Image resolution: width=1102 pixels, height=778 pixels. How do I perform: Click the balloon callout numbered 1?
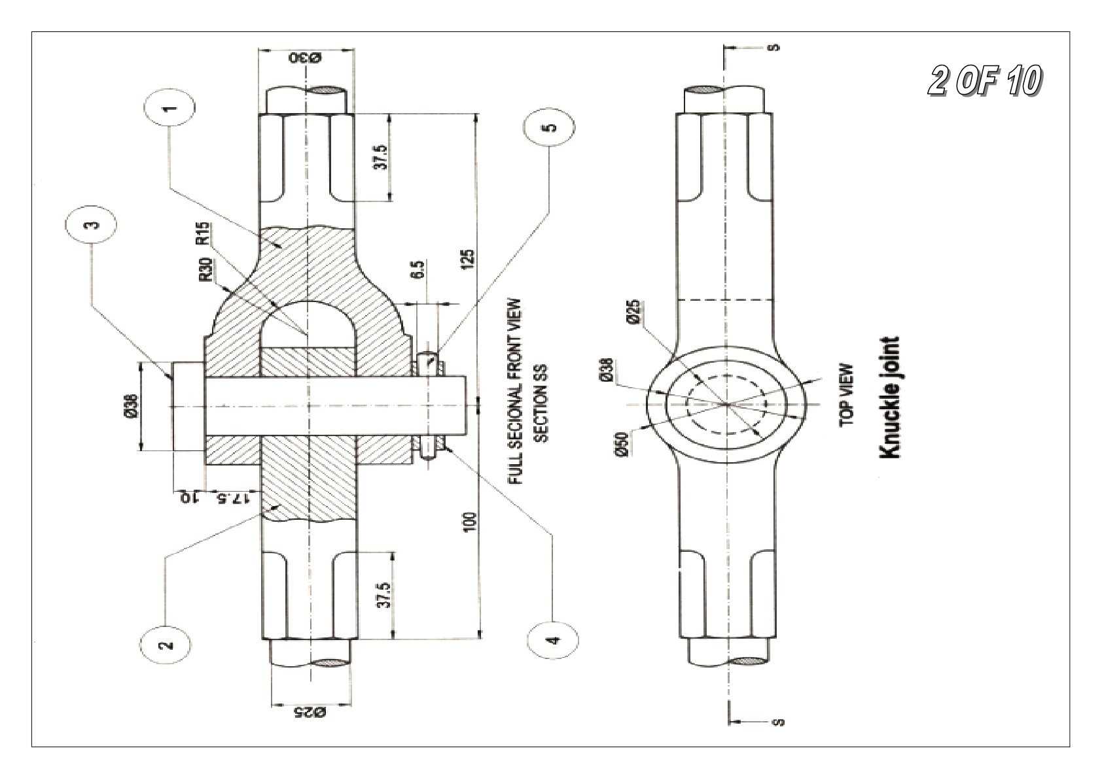(169, 108)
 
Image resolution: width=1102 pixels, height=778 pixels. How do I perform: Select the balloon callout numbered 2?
(166, 645)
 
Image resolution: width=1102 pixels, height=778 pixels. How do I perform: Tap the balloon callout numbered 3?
(91, 224)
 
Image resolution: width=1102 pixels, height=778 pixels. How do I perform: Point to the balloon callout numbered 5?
(550, 127)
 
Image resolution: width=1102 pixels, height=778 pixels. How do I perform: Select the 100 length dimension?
(471, 522)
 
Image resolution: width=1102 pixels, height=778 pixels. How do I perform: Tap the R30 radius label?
(207, 270)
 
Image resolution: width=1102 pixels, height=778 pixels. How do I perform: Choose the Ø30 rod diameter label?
(305, 58)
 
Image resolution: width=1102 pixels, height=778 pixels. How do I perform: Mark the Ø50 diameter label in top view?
(622, 445)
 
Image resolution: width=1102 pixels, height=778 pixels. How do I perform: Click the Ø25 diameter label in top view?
(633, 312)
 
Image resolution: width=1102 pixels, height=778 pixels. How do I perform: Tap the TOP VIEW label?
(847, 395)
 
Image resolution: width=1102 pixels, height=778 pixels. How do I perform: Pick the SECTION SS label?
(541, 403)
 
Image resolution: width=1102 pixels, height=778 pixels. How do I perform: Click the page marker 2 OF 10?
(986, 81)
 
